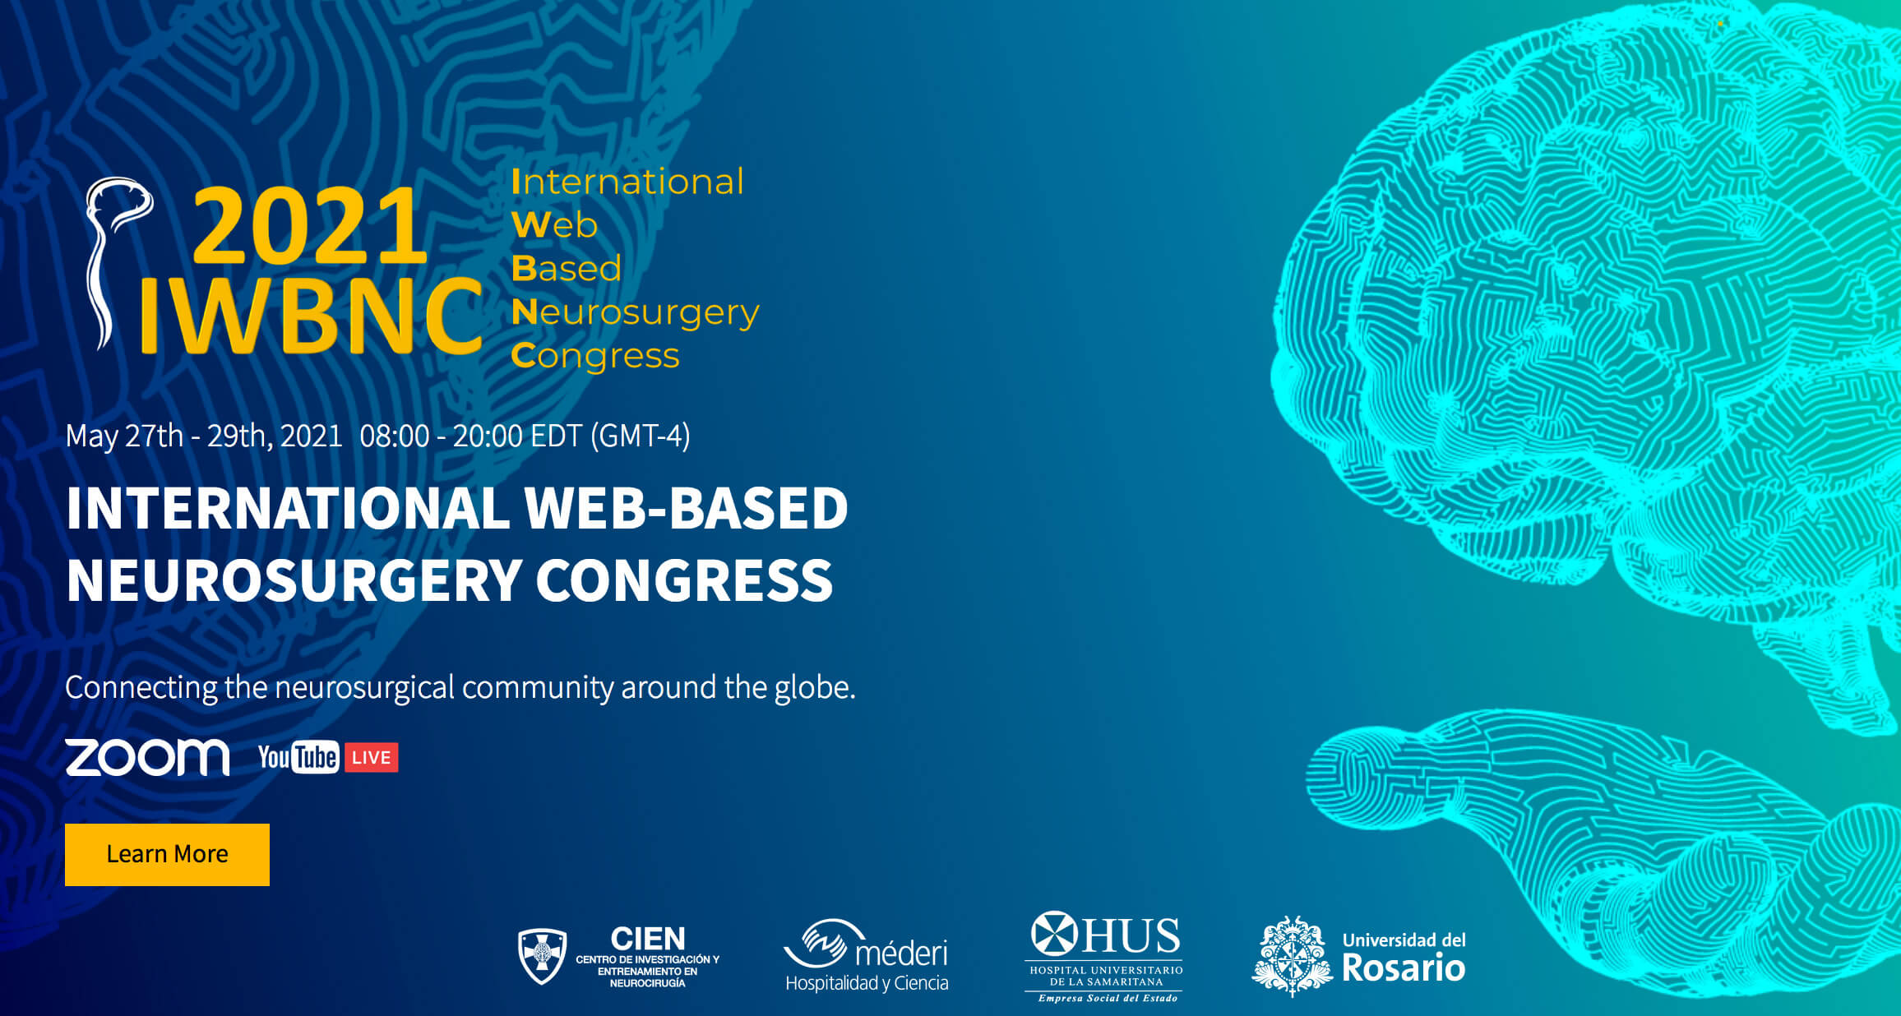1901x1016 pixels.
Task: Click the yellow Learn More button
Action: pos(167,854)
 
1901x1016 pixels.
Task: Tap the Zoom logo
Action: pos(147,757)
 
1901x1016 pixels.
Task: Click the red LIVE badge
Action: pos(371,757)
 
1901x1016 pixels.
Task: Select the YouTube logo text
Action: pos(298,757)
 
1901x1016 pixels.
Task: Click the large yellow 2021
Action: pos(310,225)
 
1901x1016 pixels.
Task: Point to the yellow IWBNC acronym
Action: pos(311,315)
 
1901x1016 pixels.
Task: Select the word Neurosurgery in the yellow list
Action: pos(635,313)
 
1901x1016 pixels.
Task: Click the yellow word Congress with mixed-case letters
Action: pos(595,356)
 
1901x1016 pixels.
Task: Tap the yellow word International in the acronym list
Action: pos(627,182)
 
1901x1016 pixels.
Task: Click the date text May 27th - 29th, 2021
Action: pos(204,436)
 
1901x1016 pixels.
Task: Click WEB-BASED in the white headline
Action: pos(686,508)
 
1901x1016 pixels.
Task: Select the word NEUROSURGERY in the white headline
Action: pos(294,580)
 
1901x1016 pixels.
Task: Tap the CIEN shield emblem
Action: pos(542,956)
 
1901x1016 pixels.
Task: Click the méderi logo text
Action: pos(901,954)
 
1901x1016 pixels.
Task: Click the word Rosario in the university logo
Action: pos(1404,968)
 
